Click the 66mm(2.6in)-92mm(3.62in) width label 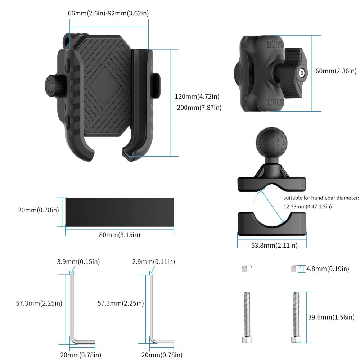(108, 13)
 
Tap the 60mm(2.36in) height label (336, 71)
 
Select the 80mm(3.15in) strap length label (120, 235)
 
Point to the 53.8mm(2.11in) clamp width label (274, 246)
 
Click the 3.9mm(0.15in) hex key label (78, 262)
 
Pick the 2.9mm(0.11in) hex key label (153, 262)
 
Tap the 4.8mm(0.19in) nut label (328, 269)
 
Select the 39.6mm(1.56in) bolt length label (331, 317)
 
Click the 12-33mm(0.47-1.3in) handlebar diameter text (308, 207)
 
